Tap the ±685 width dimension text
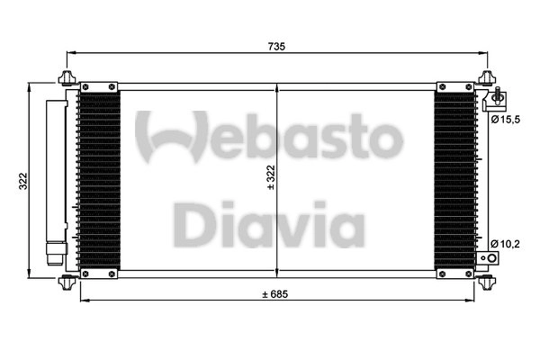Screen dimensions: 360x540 click(x=277, y=294)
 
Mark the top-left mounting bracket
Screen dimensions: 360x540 click(x=69, y=77)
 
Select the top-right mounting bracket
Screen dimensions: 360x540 click(x=486, y=77)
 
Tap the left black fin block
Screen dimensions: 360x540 click(x=100, y=180)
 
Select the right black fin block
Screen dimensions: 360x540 click(x=455, y=180)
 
